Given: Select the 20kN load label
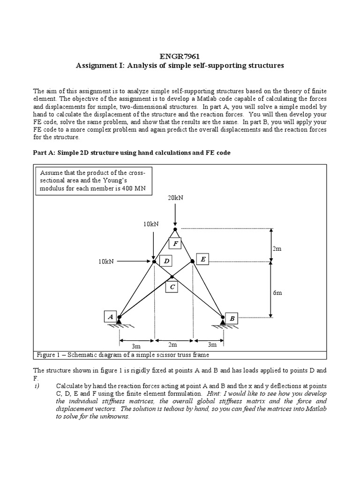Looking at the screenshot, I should click(x=175, y=198).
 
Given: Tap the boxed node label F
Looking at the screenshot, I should click(x=176, y=244).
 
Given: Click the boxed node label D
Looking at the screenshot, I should click(x=165, y=261).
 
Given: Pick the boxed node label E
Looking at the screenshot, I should click(x=202, y=259).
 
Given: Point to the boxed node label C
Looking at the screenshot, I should click(x=172, y=287).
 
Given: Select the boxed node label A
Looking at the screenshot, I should click(x=111, y=316).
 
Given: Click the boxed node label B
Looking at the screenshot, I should click(x=232, y=319).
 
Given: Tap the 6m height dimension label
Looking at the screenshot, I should click(x=277, y=292).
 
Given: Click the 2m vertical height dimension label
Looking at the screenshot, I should click(x=277, y=249).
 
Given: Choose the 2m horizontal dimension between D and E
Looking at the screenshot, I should click(x=172, y=344).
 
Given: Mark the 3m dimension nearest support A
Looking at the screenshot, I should click(x=135, y=346).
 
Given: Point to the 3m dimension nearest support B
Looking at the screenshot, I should click(x=212, y=344).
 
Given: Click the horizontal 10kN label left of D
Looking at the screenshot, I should click(x=106, y=261).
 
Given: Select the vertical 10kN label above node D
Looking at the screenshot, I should click(x=151, y=224).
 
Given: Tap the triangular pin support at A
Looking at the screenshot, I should click(x=119, y=321).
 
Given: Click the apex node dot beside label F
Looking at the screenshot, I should click(x=175, y=229).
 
